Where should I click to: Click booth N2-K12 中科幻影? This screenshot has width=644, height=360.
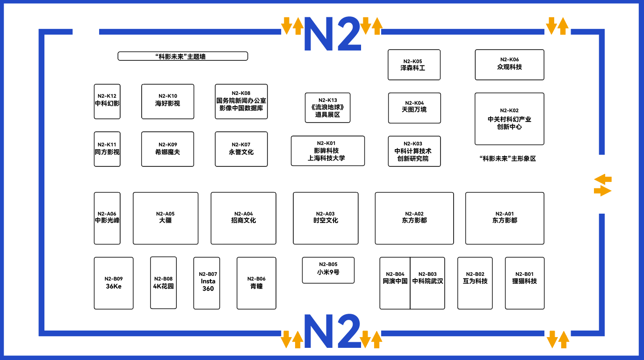(107, 101)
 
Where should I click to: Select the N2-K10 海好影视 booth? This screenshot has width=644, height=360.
(167, 101)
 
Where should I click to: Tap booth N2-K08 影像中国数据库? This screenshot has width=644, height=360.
(241, 101)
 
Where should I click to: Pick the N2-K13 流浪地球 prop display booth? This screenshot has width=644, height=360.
(327, 108)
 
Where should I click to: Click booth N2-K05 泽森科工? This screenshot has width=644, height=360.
(414, 65)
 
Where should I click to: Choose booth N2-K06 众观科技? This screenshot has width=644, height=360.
(509, 65)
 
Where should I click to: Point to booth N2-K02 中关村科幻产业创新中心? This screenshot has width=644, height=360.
(509, 119)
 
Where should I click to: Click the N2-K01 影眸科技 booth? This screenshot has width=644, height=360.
(328, 151)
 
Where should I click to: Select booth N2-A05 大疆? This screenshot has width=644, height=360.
(166, 218)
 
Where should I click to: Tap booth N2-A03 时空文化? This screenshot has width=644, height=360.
(326, 218)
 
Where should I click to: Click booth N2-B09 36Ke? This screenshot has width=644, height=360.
(114, 283)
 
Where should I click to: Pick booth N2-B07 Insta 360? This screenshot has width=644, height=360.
(207, 283)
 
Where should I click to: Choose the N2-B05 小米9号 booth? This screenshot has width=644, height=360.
(328, 270)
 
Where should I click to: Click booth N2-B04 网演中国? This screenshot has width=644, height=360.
(395, 283)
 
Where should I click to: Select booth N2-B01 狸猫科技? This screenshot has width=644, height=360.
(525, 283)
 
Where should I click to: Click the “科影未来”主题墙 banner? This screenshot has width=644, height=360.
(183, 56)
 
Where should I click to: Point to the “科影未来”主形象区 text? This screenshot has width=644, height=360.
(508, 158)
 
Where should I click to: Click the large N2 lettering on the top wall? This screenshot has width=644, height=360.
(333, 34)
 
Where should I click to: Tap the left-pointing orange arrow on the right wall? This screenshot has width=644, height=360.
(603, 179)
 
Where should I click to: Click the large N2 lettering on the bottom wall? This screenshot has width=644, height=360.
(333, 331)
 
